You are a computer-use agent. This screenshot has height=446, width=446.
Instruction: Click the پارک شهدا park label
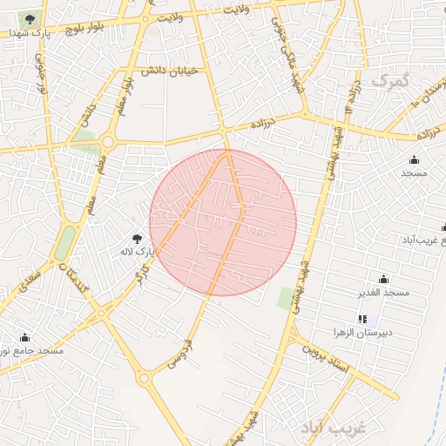pos(27,32)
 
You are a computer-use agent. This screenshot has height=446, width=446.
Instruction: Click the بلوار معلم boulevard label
pos(123,87)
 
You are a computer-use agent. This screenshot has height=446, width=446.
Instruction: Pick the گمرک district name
pos(389,80)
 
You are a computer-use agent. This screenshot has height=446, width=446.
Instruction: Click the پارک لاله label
pos(137,251)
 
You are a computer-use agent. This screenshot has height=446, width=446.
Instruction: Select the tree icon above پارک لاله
pos(137,237)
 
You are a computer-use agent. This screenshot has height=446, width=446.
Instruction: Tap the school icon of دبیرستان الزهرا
pos(362,320)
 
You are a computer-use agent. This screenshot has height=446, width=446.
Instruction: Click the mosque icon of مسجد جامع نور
pos(24,337)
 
